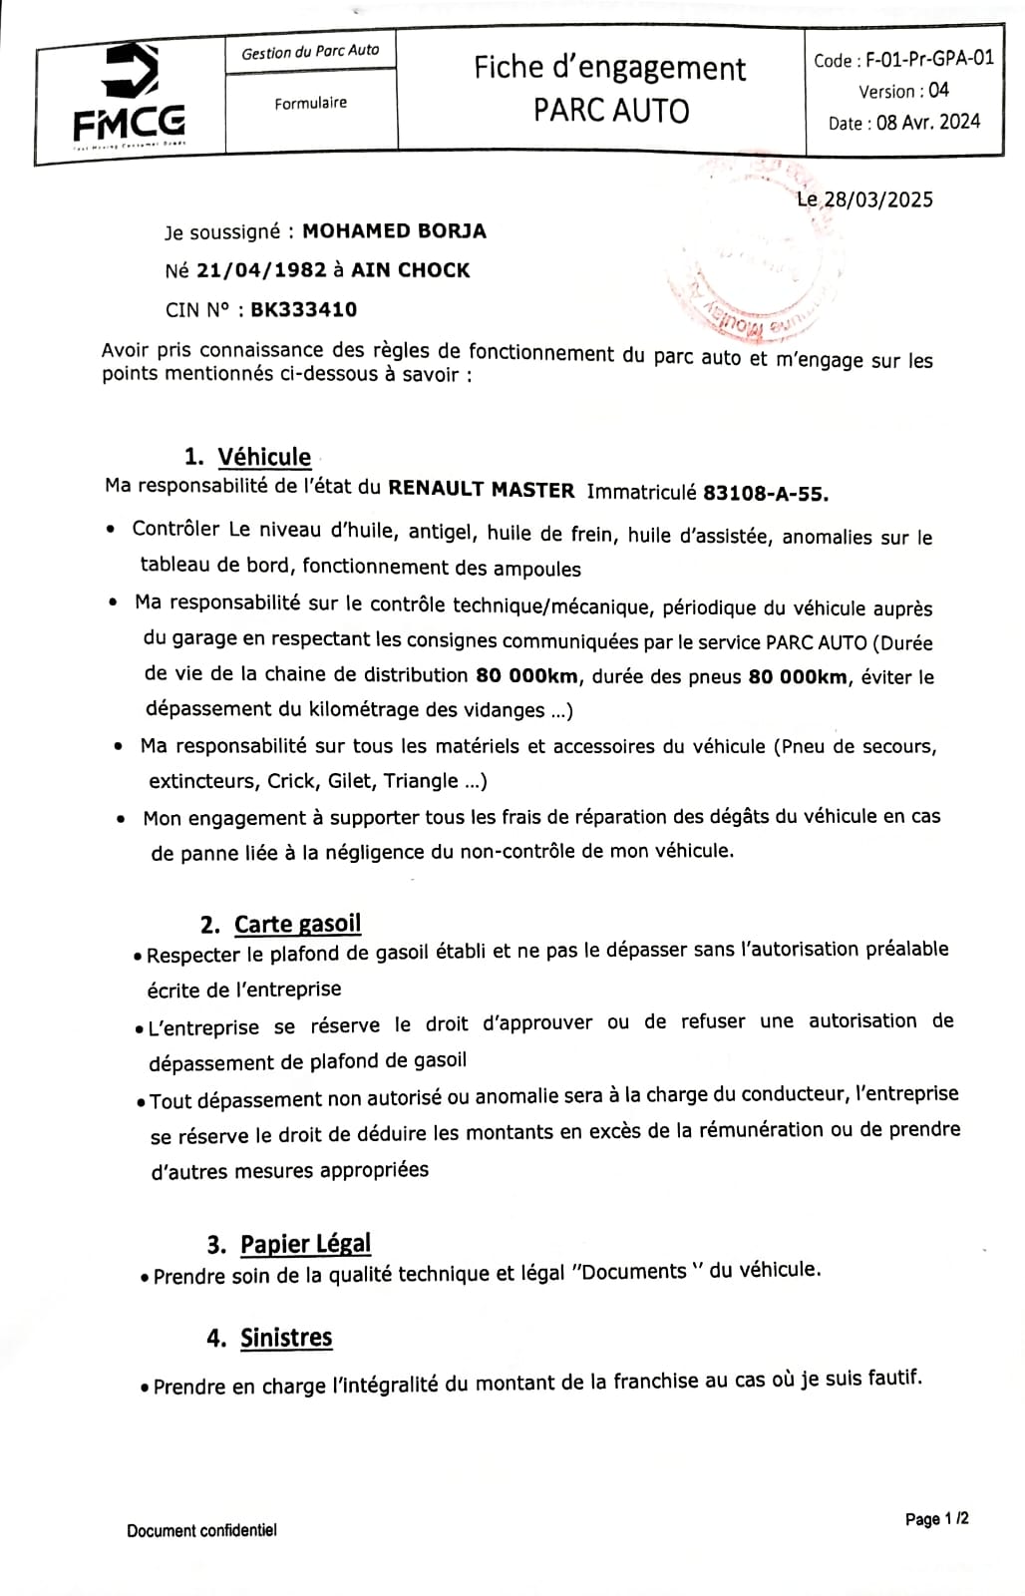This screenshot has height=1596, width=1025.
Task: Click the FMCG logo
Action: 130,96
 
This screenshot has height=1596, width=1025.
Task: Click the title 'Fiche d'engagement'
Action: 609,68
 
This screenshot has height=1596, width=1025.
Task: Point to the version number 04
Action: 938,90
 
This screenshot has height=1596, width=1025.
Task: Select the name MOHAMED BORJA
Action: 394,231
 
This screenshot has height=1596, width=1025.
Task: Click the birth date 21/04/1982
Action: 261,270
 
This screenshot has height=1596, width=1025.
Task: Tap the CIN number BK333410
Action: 303,309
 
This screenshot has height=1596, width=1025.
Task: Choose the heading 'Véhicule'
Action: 264,457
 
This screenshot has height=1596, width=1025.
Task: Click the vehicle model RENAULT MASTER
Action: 481,490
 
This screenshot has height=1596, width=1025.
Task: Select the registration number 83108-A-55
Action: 765,492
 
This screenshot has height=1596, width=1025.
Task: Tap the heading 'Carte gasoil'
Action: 297,924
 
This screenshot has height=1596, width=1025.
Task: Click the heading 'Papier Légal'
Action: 305,1243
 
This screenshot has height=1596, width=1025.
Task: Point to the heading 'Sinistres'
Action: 286,1337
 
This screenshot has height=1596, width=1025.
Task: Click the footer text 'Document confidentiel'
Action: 201,1530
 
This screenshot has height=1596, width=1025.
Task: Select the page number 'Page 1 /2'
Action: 936,1519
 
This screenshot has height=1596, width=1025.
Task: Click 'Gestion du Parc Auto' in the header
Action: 310,52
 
